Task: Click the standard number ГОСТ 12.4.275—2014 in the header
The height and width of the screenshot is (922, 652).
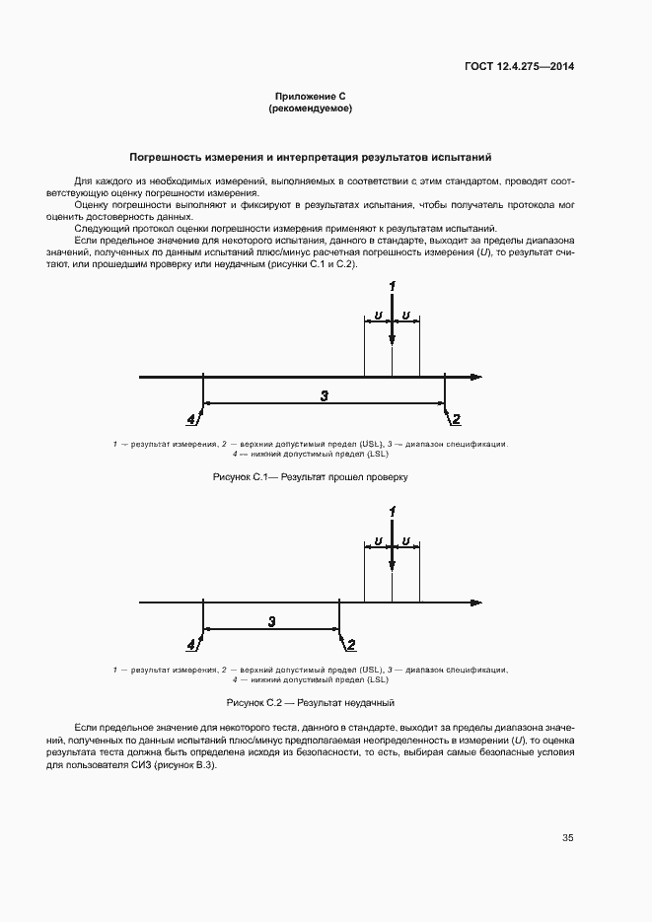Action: (519, 67)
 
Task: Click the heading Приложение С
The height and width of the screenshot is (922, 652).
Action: (310, 96)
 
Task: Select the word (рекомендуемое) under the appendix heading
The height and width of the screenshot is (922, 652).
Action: (310, 108)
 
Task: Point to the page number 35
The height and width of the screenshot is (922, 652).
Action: (568, 838)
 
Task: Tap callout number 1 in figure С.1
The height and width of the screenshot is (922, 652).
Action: (393, 286)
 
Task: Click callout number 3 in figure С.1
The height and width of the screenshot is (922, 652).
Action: (324, 394)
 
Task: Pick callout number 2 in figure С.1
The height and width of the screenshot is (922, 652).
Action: (456, 420)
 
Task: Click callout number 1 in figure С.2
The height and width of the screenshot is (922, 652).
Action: (393, 511)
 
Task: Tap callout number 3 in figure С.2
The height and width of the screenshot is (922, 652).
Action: (271, 620)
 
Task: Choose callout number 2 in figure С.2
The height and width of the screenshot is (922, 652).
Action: (350, 645)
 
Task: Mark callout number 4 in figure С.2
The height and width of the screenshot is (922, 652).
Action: (190, 645)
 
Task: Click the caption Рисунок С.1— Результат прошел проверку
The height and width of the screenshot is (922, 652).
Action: (310, 477)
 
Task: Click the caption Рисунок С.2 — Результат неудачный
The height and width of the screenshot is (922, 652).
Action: (310, 702)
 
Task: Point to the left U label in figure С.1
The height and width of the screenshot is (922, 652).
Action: (379, 316)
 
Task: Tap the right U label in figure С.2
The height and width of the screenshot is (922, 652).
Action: (406, 540)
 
